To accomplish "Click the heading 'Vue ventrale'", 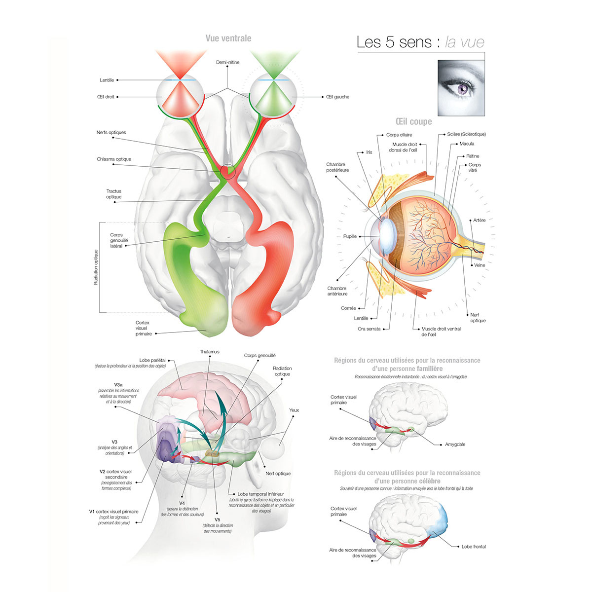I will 228,38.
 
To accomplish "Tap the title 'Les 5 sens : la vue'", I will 420,42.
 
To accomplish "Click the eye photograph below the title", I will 461,88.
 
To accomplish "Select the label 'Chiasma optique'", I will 114,159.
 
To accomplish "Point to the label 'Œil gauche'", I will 337,97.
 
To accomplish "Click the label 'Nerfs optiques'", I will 111,132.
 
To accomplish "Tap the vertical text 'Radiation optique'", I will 96,267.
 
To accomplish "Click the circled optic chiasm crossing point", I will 227,171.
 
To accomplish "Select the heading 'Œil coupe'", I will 413,121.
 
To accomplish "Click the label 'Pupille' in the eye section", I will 350,236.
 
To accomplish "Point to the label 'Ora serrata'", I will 369,329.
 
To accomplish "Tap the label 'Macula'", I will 467,144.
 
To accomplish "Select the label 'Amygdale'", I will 455,444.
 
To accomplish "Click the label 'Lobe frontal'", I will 474,547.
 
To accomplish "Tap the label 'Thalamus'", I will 210,352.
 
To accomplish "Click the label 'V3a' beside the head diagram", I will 118,384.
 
